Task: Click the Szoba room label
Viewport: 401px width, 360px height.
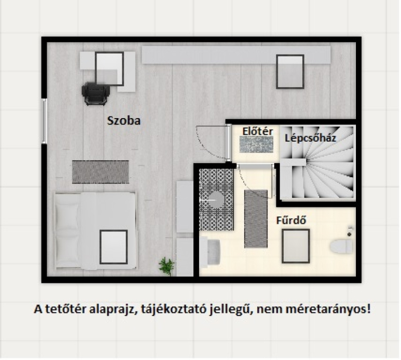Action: [124, 121]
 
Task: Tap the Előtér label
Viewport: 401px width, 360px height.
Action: [258, 131]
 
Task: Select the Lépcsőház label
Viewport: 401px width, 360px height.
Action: [310, 138]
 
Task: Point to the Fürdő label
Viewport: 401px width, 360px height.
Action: [291, 220]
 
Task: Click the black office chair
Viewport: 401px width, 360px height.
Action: [95, 94]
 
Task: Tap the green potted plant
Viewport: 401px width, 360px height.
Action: [166, 266]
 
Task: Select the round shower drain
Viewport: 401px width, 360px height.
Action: [217, 200]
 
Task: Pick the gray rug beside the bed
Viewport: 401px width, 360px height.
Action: [101, 172]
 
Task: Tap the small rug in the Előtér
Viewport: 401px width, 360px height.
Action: [256, 145]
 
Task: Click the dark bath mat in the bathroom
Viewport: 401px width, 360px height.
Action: [256, 219]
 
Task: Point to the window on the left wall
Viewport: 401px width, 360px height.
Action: [45, 121]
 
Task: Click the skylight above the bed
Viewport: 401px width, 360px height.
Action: [114, 247]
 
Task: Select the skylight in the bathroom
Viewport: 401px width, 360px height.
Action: [296, 246]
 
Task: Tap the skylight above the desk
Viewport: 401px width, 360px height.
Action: [109, 69]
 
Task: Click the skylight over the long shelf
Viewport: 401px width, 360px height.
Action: [290, 72]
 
